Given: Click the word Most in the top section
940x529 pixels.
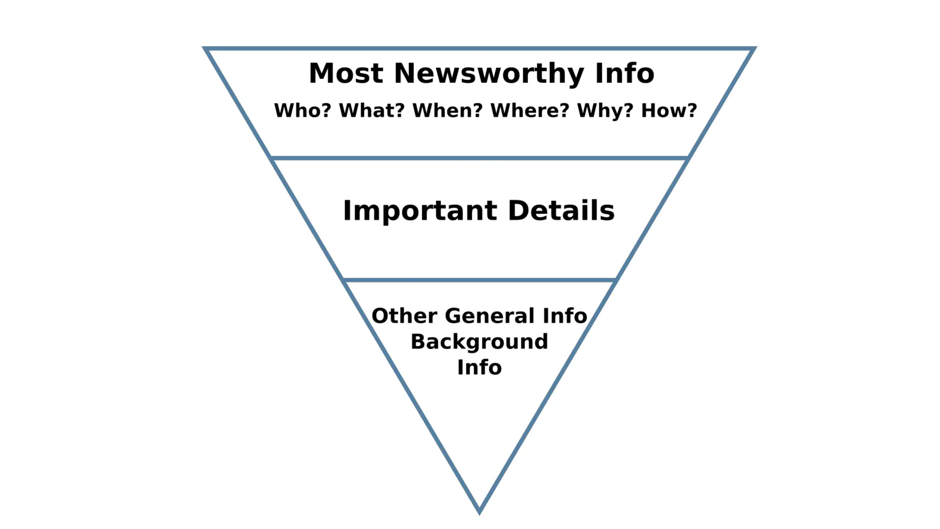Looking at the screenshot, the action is click(x=346, y=73).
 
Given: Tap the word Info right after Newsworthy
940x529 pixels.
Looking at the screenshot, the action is click(x=624, y=73).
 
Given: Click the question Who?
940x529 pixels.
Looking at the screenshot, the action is click(x=302, y=111).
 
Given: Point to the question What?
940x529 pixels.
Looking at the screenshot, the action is click(x=372, y=111).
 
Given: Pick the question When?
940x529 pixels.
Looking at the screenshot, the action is click(x=448, y=111).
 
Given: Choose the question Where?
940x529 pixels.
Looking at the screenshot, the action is click(x=530, y=111).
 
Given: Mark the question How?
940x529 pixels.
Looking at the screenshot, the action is click(x=669, y=111).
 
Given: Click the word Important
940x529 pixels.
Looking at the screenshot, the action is click(x=420, y=211).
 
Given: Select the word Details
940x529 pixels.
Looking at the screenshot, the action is click(x=561, y=211).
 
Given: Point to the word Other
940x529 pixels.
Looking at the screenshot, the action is click(x=404, y=316).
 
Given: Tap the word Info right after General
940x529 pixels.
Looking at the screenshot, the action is click(x=565, y=316).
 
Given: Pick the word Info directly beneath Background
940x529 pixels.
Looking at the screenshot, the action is click(x=479, y=367).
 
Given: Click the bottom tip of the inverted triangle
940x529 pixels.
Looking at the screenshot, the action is click(x=479, y=511).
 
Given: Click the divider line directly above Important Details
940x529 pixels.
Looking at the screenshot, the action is click(x=479, y=158).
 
